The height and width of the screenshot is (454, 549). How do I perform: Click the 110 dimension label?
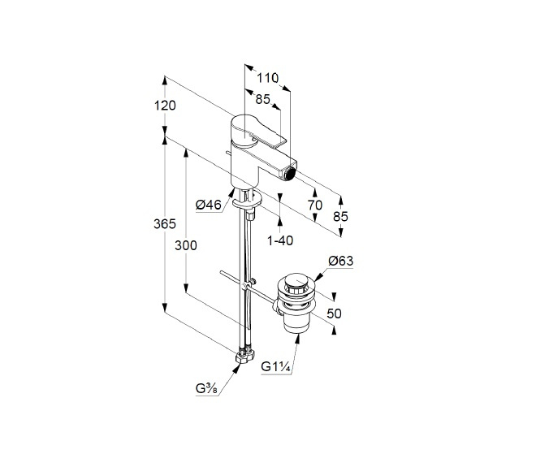(x=268, y=78)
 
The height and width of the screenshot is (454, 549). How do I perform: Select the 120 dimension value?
(x=165, y=106)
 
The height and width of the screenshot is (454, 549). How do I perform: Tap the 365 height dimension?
(x=165, y=223)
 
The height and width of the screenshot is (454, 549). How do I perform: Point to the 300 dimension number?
(x=186, y=245)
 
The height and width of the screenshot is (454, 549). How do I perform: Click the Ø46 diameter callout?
(x=209, y=205)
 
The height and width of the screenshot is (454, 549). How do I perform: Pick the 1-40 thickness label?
(x=279, y=240)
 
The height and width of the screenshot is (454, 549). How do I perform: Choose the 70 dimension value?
(x=315, y=205)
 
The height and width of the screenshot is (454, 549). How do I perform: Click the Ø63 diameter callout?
(x=340, y=261)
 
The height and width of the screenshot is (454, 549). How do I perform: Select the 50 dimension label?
(x=334, y=313)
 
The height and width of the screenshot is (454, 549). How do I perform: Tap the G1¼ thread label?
(x=276, y=367)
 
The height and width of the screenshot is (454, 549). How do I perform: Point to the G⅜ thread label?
(x=207, y=388)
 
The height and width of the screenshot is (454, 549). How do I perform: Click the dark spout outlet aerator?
(x=290, y=174)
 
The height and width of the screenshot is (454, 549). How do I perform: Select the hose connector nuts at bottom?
(x=244, y=355)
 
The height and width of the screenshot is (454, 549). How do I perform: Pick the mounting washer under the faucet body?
(x=247, y=201)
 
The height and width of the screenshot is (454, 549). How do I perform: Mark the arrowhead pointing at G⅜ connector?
(x=237, y=368)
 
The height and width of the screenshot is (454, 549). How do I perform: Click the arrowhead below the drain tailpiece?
(x=297, y=339)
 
